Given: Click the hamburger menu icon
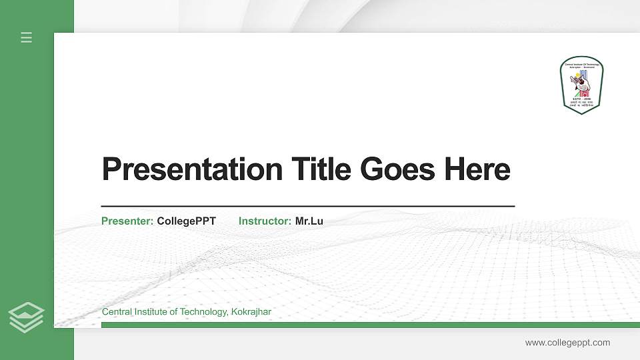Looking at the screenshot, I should pos(27,37).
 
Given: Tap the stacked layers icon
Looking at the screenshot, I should pos(27,317).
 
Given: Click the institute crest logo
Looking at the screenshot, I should pos(582,85).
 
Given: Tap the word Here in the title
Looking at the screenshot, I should pos(477,169).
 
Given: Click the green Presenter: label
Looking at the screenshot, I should pos(127,221).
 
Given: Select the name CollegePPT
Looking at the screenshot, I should pos(187,221).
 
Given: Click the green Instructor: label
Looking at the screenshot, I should pos(265,221).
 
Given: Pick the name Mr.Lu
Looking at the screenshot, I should pos(309,221).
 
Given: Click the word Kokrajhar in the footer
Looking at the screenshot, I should pos(251,312).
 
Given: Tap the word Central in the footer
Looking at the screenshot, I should pos(116,312).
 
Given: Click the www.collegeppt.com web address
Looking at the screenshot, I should pos(567,343).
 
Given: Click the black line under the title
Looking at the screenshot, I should pos(307,206).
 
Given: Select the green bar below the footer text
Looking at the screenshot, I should pos(367,325).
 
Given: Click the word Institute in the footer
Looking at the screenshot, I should pos(150,312).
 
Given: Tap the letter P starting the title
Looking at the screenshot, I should pos(110,169).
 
